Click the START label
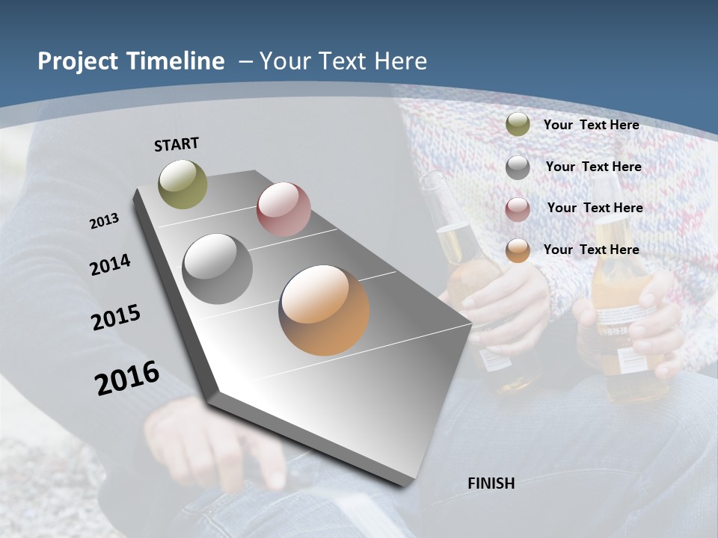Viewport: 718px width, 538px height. (177, 144)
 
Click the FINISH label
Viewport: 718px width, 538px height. (491, 483)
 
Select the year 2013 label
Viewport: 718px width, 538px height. (104, 221)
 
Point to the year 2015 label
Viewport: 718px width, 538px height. (116, 318)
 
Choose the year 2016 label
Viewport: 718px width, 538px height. (127, 378)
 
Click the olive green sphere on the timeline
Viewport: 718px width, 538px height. (182, 184)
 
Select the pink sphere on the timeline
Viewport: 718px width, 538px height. (283, 209)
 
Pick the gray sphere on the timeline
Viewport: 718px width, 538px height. (218, 269)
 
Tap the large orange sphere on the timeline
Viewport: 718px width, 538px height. (324, 310)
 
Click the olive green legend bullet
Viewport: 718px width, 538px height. (518, 125)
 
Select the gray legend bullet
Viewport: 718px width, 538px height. (518, 167)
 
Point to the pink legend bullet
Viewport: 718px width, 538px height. (518, 209)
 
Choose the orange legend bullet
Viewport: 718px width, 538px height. (518, 250)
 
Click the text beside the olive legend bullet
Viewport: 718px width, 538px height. (591, 125)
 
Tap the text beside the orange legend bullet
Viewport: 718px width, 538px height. (591, 250)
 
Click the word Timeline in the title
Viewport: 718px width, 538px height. (177, 61)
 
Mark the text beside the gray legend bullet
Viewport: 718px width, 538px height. (593, 167)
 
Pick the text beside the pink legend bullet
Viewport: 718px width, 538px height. (595, 208)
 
